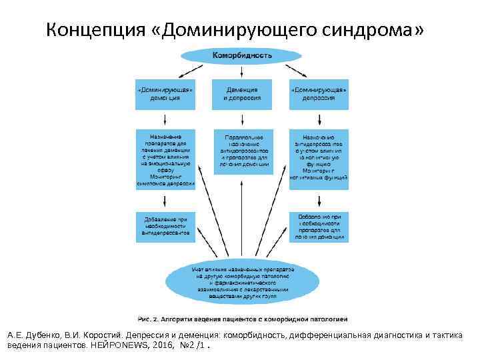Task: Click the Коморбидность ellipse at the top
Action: click(241, 55)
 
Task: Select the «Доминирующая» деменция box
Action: click(165, 94)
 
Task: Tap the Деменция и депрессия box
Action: click(241, 94)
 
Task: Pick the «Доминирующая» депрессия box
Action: click(318, 94)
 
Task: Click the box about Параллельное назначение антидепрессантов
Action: click(241, 149)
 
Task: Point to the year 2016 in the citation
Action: click(161, 347)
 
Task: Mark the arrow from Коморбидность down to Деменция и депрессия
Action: click(241, 71)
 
